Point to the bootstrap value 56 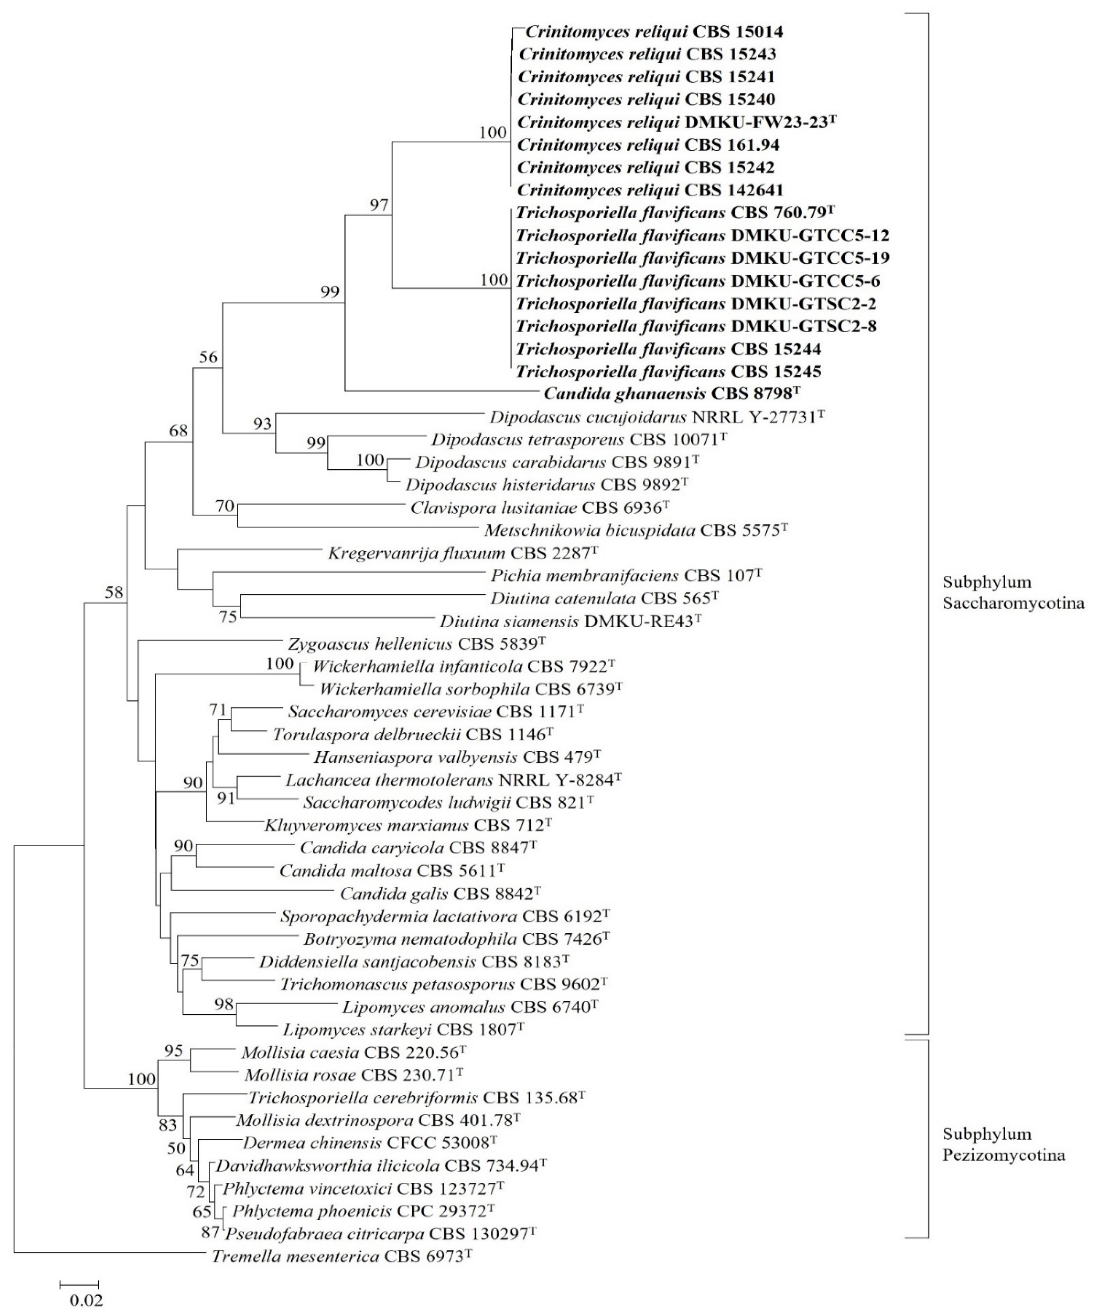208,357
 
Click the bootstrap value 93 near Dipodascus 262,424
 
